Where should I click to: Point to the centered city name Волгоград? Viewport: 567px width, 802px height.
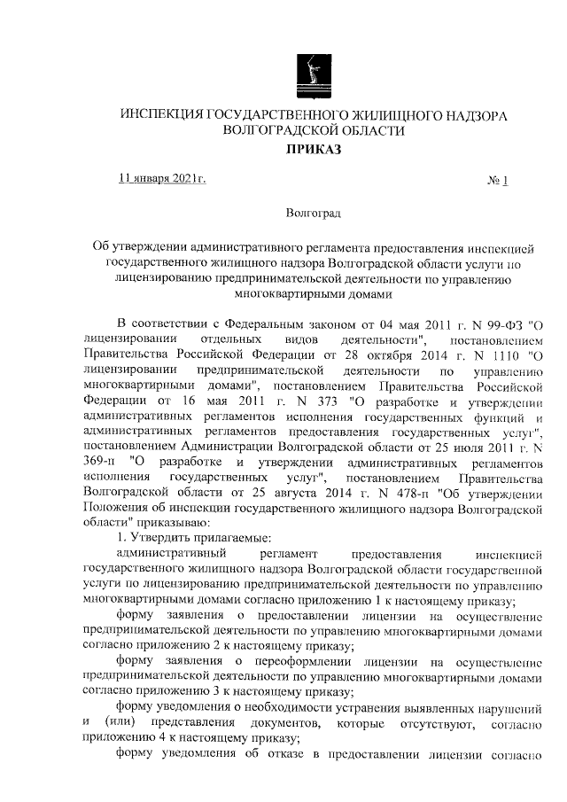315,214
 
